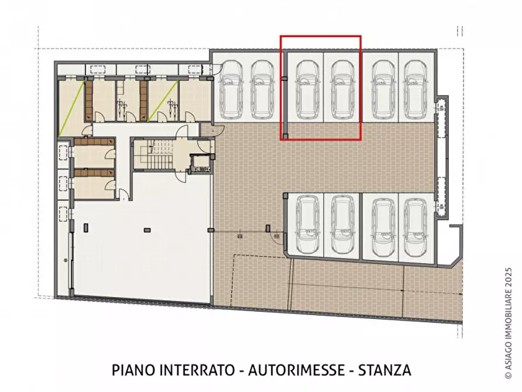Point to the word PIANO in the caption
(x=130, y=370)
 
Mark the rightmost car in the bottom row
(x=416, y=228)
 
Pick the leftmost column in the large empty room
(x=86, y=227)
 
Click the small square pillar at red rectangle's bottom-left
(x=284, y=136)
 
